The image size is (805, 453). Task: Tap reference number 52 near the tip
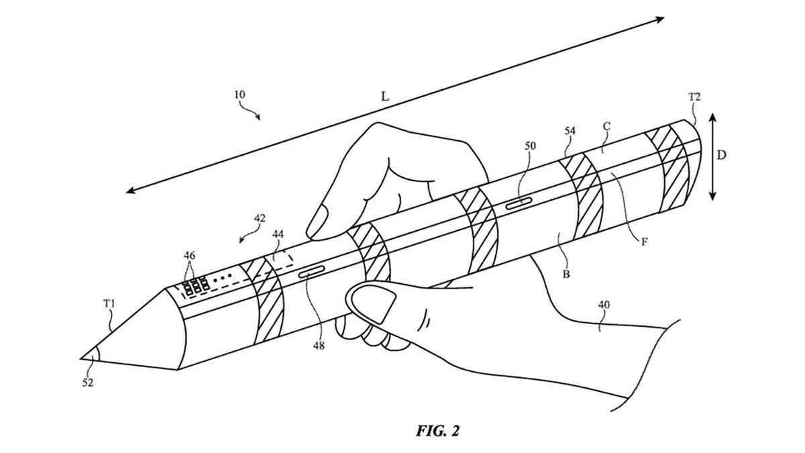(x=89, y=383)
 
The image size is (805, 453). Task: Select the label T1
(x=109, y=304)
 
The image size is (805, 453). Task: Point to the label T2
(x=694, y=97)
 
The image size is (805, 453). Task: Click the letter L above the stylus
(x=384, y=97)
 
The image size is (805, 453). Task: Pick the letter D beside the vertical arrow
(x=721, y=155)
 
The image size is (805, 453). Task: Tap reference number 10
(x=240, y=95)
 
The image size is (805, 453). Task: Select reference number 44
(x=278, y=234)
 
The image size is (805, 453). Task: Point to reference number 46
(x=190, y=256)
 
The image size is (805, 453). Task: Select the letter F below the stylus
(x=643, y=242)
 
